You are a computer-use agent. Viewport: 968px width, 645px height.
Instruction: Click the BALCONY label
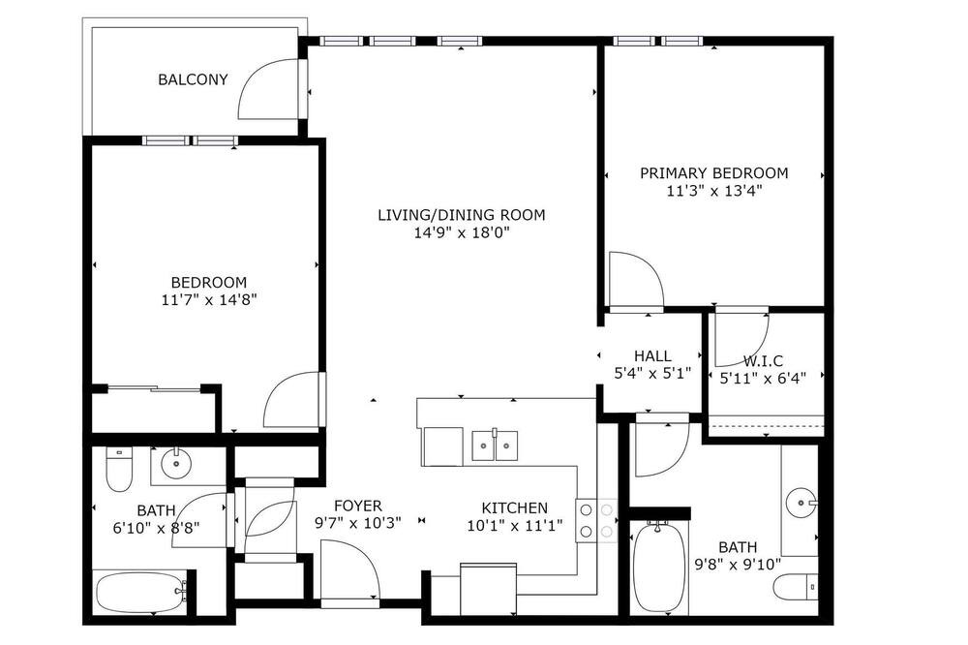193,79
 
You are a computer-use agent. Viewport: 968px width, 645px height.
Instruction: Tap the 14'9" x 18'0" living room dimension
461,232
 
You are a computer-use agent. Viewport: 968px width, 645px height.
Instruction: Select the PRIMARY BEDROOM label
713,173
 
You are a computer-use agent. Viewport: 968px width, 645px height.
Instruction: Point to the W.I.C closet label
763,361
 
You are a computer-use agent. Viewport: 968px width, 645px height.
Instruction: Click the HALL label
652,355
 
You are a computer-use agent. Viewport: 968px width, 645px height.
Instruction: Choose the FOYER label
358,506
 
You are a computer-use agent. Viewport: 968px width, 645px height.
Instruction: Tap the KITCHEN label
514,508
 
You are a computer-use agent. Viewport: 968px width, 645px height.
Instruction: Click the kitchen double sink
495,445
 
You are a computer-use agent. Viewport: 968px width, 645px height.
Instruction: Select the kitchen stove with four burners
596,520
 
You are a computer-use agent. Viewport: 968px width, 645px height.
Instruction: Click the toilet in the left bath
119,469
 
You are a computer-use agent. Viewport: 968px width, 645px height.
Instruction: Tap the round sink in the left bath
176,463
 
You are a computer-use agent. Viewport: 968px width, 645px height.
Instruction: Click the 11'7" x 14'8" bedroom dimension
209,300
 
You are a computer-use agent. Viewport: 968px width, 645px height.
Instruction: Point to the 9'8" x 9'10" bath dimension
738,564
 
